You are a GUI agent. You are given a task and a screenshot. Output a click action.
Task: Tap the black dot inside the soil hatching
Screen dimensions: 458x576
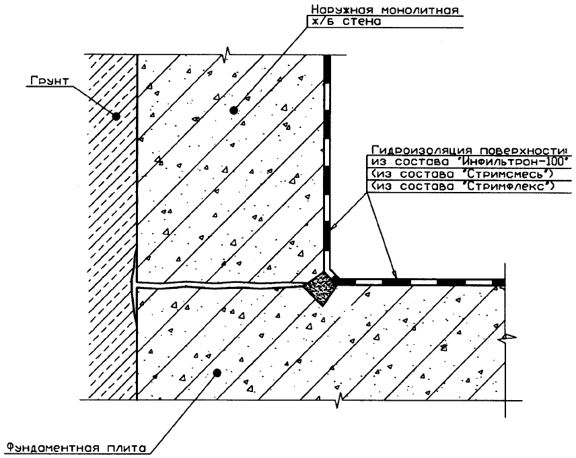point(116,116)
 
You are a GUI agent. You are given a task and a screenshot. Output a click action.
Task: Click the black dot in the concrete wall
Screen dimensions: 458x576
point(233,110)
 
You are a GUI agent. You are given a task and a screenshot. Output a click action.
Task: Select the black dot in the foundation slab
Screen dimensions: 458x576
point(217,372)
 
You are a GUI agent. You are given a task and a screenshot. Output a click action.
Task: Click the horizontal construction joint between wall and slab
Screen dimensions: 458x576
point(222,288)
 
